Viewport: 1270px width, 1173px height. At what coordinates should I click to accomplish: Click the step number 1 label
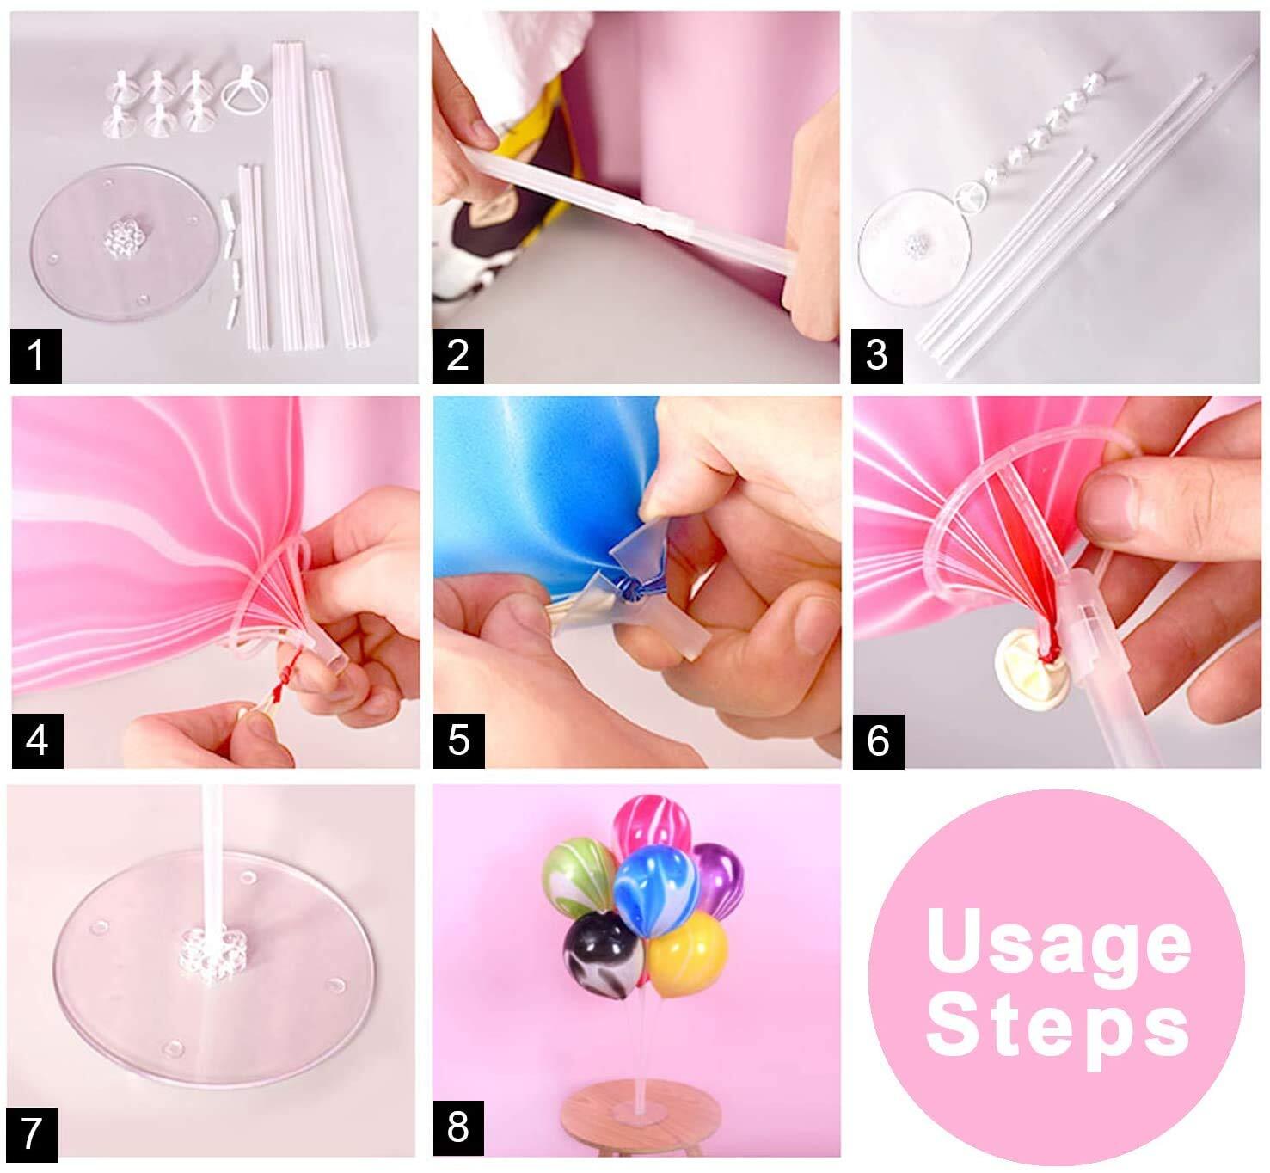pyautogui.click(x=36, y=355)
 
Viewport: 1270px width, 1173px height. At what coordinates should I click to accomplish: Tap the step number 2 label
pyautogui.click(x=457, y=355)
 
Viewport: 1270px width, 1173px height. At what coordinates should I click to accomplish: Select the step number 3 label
pyautogui.click(x=877, y=355)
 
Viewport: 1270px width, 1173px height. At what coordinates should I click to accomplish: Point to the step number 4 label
pyautogui.click(x=38, y=740)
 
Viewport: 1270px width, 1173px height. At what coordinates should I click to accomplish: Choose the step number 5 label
pyautogui.click(x=459, y=740)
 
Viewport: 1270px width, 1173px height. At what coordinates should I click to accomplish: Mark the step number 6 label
pyautogui.click(x=879, y=741)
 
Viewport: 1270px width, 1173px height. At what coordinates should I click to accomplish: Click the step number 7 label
pyautogui.click(x=32, y=1134)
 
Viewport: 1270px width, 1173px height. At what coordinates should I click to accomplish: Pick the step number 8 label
pyautogui.click(x=457, y=1127)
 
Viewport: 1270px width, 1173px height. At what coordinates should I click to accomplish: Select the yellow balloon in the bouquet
pyautogui.click(x=687, y=954)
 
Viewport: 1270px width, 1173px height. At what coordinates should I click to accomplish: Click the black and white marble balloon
pyautogui.click(x=604, y=955)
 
